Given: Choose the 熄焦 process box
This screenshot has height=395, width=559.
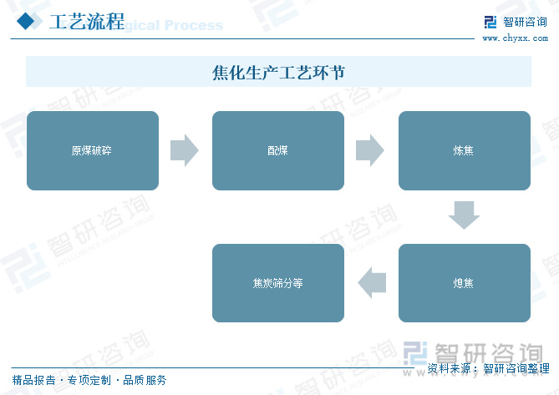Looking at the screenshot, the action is click(464, 283).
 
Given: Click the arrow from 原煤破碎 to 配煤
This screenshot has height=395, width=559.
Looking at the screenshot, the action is click(184, 150).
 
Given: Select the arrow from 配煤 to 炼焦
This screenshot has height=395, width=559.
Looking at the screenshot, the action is click(369, 150).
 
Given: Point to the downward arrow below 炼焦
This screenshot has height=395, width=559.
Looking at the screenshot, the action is click(464, 215).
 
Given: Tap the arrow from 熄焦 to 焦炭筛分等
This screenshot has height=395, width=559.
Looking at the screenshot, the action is click(372, 283).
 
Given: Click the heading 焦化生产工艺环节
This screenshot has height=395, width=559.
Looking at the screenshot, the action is click(278, 73).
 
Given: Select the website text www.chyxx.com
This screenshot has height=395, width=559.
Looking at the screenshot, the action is click(513, 38).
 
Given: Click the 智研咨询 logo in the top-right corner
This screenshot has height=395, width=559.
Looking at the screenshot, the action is click(515, 20).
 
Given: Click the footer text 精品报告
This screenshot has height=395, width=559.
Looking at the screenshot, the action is click(33, 381).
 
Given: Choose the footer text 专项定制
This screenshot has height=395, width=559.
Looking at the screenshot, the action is click(89, 381).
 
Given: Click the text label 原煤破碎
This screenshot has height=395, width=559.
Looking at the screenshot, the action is click(92, 151).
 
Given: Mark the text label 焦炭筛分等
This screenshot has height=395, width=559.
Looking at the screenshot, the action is click(277, 283).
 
